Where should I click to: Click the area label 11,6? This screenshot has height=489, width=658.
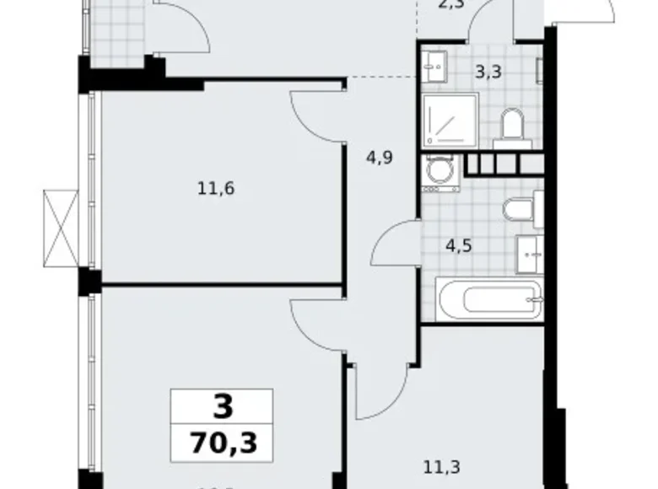click(215, 188)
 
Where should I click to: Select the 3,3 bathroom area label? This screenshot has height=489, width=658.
click(488, 72)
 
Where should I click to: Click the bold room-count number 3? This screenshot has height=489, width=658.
click(221, 408)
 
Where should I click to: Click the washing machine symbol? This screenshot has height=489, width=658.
click(439, 171)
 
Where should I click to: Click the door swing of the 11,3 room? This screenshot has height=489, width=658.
click(382, 390)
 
